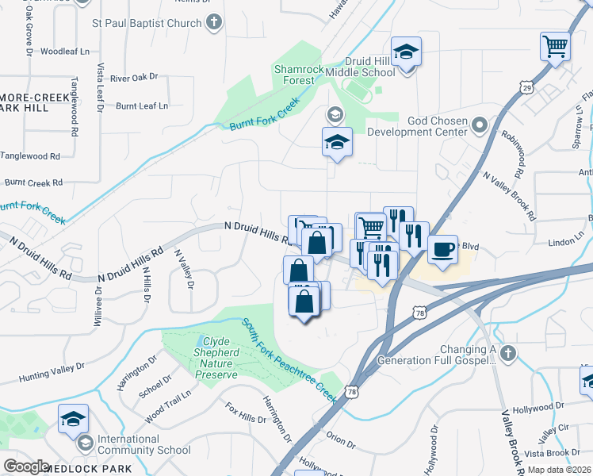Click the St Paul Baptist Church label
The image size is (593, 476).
click(147, 24)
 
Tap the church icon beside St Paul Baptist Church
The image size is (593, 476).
click(213, 24)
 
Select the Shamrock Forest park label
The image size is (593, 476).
click(299, 75)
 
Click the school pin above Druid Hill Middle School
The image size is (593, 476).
click(406, 52)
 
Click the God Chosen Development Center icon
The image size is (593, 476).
click(479, 125)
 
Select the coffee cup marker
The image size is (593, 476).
click(442, 248)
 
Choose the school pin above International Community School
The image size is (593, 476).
click(73, 418)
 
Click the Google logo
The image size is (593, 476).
click(26, 466)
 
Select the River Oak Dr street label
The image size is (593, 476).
click(134, 78)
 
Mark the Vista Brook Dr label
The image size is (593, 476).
click(563, 453)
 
